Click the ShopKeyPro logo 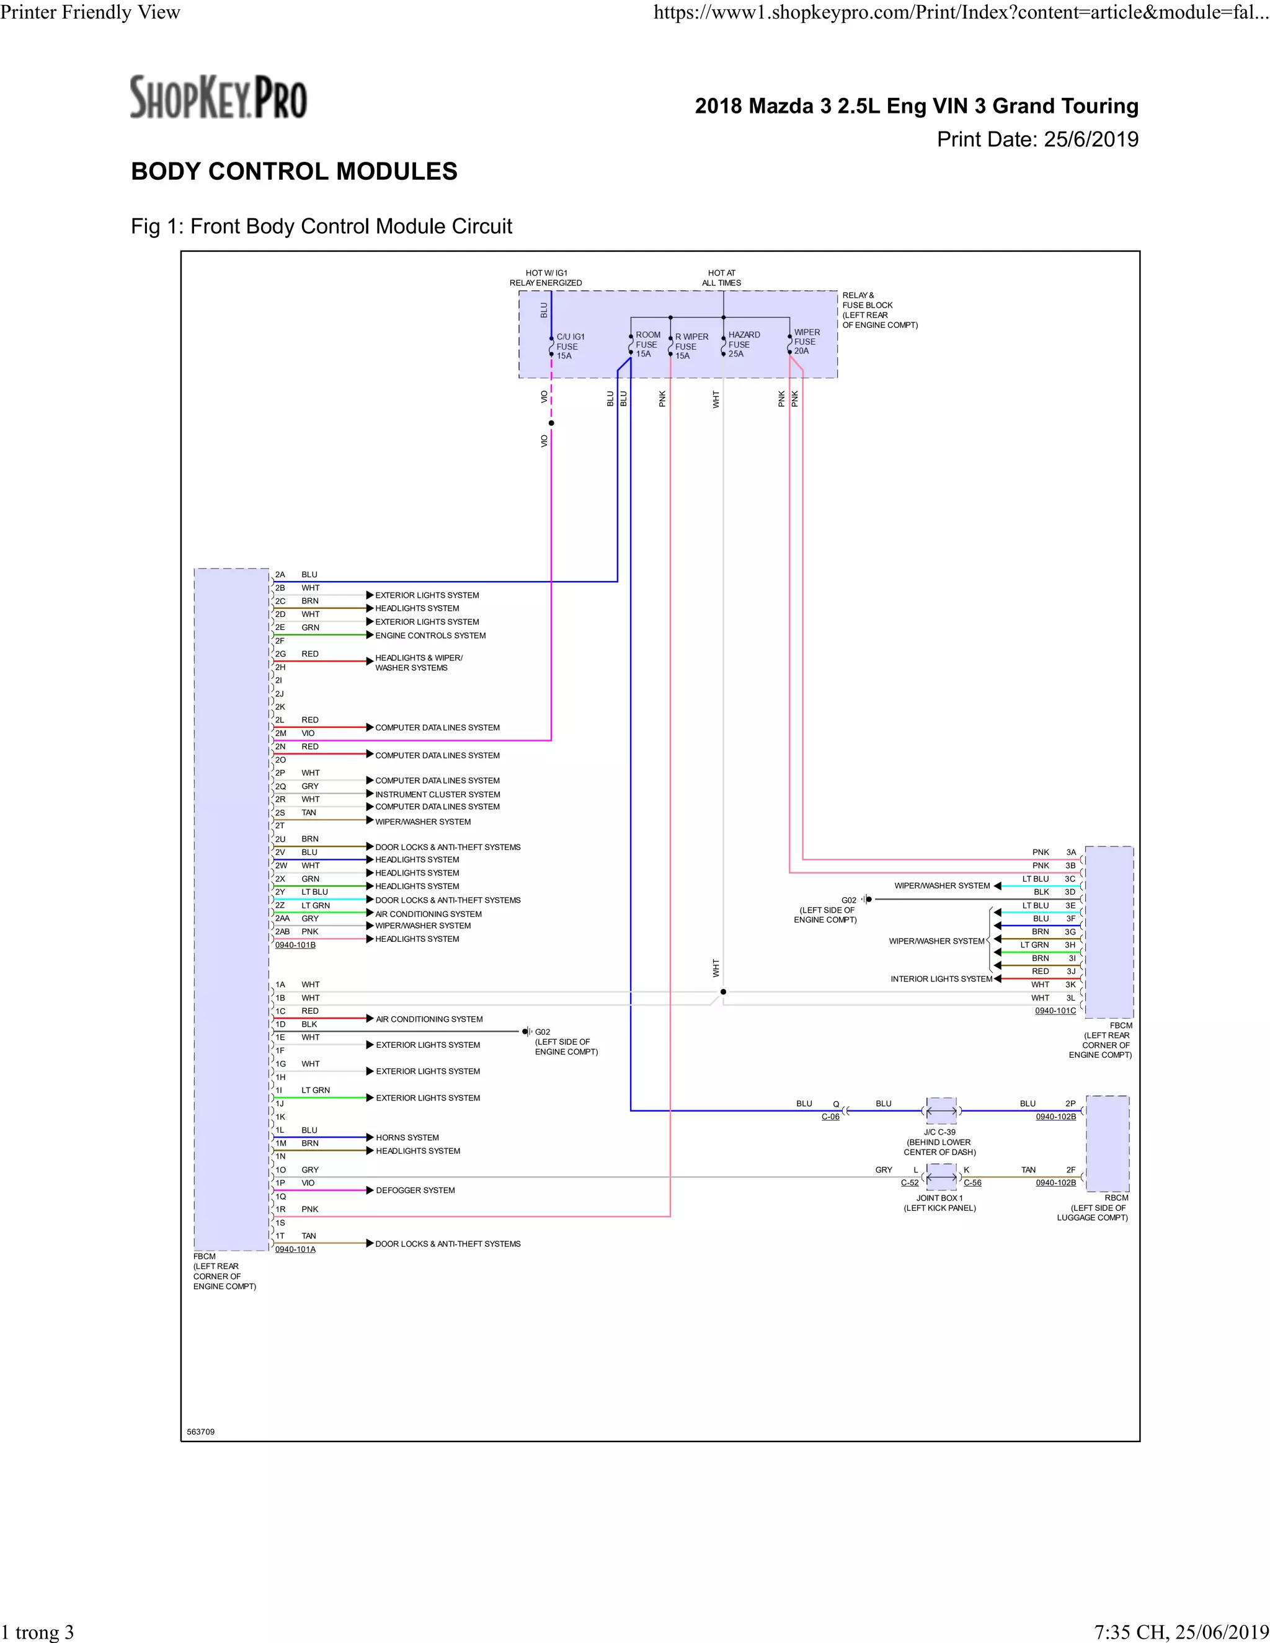tap(218, 97)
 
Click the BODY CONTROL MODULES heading tap(294, 172)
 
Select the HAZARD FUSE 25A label tap(744, 344)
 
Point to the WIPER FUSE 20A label tap(807, 342)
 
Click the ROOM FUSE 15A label tap(647, 344)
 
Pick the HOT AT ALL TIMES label tap(722, 278)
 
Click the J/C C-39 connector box tap(941, 1110)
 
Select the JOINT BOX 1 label tap(939, 1198)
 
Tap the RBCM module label tap(1116, 1198)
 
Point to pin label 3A tap(1070, 852)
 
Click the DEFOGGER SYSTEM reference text tap(415, 1190)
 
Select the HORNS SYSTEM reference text tap(407, 1138)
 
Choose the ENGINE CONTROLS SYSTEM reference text tap(430, 635)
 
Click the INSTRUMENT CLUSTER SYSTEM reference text tap(437, 794)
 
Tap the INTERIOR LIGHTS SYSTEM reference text tap(941, 979)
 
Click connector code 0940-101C tap(1055, 1011)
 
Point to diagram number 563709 tap(201, 1432)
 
